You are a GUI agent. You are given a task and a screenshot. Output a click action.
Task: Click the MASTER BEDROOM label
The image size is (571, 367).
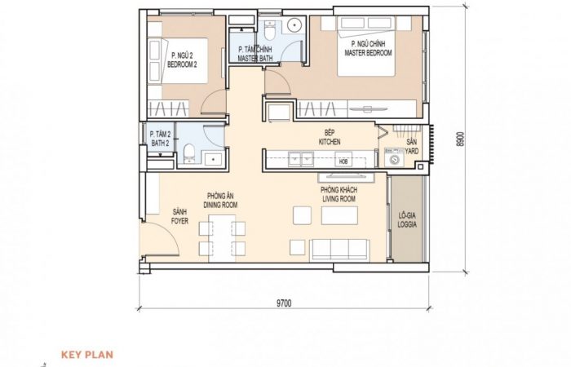368,53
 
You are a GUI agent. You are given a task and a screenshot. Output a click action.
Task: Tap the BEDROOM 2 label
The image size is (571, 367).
182,64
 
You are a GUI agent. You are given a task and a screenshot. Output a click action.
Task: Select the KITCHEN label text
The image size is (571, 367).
330,142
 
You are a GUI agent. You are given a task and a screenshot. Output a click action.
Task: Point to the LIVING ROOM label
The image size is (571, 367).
339,199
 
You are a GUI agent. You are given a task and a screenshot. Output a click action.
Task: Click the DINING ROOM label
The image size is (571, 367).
220,205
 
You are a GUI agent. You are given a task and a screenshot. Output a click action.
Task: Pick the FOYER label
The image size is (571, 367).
179,221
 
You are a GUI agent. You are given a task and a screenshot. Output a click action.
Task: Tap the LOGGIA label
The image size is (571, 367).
407,224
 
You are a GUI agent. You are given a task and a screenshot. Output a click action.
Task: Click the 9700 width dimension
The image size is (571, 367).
284,303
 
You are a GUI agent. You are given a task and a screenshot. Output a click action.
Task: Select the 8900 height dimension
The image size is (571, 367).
461,139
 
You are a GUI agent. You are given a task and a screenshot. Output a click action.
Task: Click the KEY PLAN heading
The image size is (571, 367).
87,355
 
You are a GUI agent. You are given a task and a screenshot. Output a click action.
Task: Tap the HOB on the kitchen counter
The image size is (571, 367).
343,160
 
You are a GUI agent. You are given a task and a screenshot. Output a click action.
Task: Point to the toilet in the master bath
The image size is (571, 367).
269,31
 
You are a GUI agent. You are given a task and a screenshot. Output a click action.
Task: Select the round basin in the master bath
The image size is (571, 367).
294,25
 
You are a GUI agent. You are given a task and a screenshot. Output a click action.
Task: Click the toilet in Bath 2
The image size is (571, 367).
189,153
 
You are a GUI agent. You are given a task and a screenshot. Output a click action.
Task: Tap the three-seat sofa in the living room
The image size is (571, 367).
339,250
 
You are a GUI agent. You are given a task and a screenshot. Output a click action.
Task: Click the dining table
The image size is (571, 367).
222,238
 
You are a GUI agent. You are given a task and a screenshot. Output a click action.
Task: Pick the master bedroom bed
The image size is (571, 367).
366,46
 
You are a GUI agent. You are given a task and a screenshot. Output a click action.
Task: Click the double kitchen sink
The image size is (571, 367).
301,159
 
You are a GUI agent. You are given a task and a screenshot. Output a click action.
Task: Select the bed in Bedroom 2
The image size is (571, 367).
179,61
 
